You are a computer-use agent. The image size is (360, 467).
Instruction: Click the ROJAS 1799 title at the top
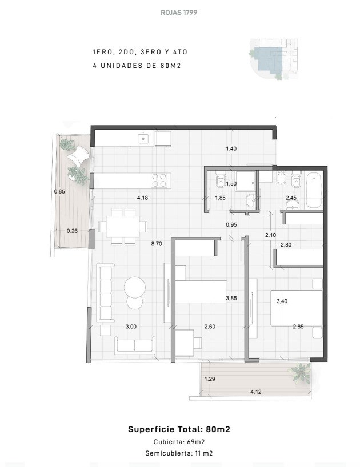tap(179, 13)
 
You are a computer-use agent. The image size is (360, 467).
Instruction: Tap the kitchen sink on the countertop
tap(143, 139)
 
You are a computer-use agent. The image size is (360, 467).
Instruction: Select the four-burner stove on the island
tap(159, 180)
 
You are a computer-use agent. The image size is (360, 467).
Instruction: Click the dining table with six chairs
tap(123, 226)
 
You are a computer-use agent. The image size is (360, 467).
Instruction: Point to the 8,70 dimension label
tap(157, 244)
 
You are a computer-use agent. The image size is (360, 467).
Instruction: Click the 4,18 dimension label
tap(142, 198)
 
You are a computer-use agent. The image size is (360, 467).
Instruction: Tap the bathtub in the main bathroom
tap(314, 190)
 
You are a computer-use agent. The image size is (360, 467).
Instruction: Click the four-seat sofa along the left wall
tap(106, 293)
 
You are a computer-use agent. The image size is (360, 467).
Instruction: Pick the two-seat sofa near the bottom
tap(135, 345)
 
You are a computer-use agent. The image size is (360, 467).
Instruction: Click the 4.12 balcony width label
tap(255, 392)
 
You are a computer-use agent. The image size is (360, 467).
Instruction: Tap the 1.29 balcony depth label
tap(210, 379)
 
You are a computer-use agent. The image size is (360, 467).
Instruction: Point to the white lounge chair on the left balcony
tap(78, 155)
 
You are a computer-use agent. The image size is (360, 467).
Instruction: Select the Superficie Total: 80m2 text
tap(179, 429)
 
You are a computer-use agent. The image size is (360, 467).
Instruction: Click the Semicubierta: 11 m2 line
tap(179, 453)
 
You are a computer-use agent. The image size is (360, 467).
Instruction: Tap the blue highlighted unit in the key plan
tap(268, 59)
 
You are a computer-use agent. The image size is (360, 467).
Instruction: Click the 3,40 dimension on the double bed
tap(282, 301)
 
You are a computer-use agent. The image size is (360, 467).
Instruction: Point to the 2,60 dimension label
tap(210, 327)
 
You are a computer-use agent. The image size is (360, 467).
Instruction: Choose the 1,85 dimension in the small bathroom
tap(220, 198)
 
